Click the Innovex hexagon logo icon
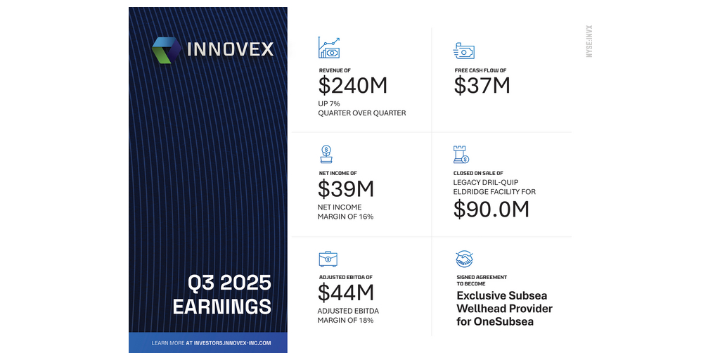[167, 50]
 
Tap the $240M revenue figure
[353, 86]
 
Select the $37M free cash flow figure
[482, 86]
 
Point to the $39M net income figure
[346, 188]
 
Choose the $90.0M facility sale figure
[491, 209]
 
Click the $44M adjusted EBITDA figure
[346, 292]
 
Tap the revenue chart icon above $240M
[329, 48]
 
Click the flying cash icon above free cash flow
[464, 51]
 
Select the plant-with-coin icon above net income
[326, 154]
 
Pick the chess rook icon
[461, 155]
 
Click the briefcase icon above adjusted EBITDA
[328, 259]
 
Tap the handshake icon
[464, 259]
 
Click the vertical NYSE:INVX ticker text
[589, 41]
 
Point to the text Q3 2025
[229, 283]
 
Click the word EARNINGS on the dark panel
[221, 307]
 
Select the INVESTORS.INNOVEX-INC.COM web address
[232, 343]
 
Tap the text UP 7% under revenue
[329, 104]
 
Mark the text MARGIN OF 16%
[345, 217]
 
